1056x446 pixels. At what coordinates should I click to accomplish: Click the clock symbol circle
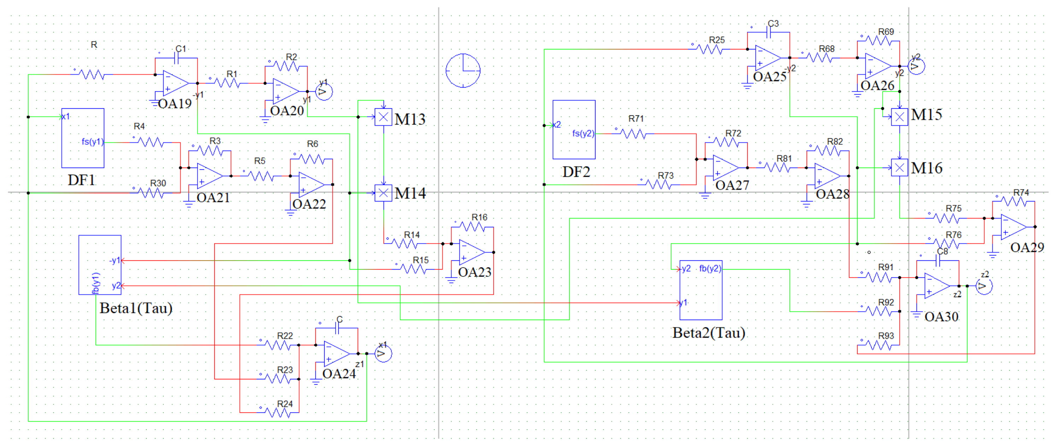(x=463, y=71)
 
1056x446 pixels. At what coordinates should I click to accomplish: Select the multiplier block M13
(x=383, y=117)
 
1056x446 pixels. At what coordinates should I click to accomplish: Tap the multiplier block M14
(x=383, y=193)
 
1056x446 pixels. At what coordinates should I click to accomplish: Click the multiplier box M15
(x=900, y=117)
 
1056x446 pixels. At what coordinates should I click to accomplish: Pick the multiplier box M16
(x=900, y=168)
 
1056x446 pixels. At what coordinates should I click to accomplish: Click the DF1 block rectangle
(x=82, y=138)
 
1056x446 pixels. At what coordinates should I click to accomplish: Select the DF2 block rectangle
(x=574, y=129)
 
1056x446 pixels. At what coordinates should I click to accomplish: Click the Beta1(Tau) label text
(x=136, y=308)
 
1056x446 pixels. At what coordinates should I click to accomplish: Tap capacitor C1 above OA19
(x=177, y=59)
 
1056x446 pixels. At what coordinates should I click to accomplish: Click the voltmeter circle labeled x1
(x=383, y=354)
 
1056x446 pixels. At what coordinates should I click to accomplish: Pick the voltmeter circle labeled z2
(x=984, y=286)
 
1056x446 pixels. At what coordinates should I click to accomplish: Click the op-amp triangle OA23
(x=471, y=252)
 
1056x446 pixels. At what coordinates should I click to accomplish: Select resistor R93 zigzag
(x=879, y=345)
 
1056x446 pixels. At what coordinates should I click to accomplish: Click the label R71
(x=636, y=119)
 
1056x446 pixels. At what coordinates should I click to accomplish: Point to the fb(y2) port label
(x=710, y=269)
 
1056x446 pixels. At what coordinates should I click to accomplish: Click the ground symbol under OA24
(x=315, y=382)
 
